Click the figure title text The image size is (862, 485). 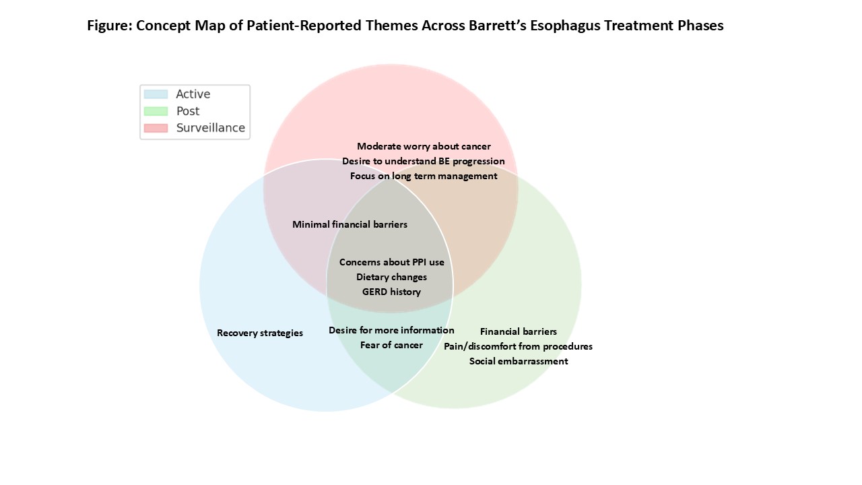click(x=405, y=26)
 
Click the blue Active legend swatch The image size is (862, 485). click(x=156, y=94)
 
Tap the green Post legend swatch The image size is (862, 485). click(x=156, y=111)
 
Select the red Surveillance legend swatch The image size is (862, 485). click(x=156, y=128)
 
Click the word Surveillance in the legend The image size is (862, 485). click(x=211, y=128)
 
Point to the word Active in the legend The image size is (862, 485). click(x=193, y=94)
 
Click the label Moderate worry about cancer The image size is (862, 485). click(x=424, y=146)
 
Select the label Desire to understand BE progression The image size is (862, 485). click(x=424, y=161)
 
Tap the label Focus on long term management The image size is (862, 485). click(x=424, y=176)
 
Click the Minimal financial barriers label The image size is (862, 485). click(x=350, y=224)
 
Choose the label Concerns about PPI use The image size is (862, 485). click(x=392, y=262)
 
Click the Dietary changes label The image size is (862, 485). click(x=391, y=277)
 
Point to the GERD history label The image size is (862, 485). click(x=391, y=292)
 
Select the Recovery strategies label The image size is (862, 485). click(x=260, y=333)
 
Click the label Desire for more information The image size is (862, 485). click(x=391, y=330)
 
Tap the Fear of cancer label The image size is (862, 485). click(x=391, y=345)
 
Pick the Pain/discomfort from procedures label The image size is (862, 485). click(x=518, y=346)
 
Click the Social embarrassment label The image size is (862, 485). click(x=519, y=361)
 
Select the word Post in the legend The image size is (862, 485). click(x=188, y=111)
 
